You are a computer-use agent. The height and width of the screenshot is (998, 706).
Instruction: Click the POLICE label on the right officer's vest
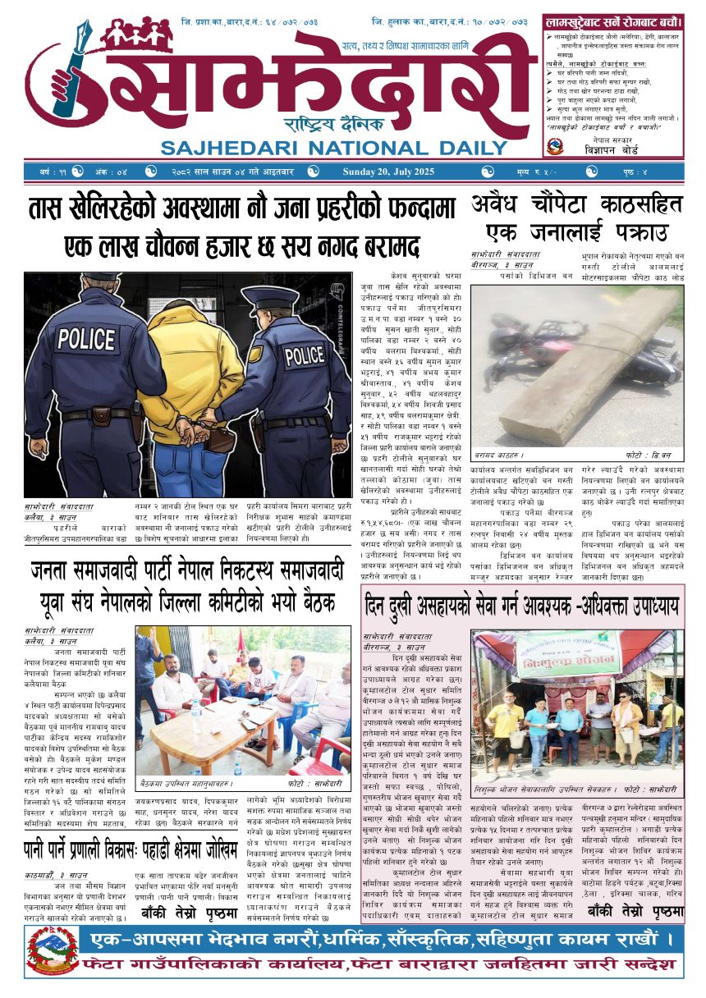(x=304, y=355)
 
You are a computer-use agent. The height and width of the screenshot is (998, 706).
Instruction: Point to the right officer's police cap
(x=270, y=297)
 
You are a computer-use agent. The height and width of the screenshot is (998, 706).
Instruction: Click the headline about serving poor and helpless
(x=523, y=607)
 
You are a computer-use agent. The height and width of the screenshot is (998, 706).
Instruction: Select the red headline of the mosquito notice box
(x=612, y=20)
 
